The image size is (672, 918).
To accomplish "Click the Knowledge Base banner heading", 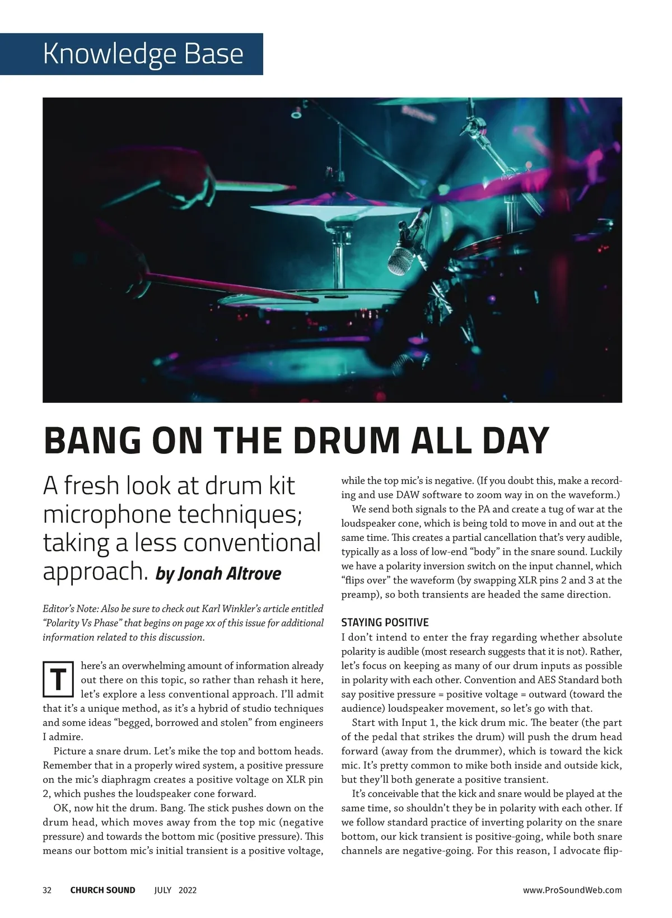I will [143, 54].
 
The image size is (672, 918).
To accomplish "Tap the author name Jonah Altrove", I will [218, 574].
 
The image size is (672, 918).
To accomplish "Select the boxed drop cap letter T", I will [58, 680].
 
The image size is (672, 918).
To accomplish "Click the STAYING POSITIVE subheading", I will [385, 622].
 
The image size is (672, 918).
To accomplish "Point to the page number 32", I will [47, 890].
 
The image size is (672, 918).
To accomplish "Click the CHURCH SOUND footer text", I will [102, 890].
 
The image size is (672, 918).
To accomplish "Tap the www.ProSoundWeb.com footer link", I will [572, 890].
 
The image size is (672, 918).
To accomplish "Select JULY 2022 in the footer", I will [175, 890].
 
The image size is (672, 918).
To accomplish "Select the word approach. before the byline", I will [95, 572].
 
